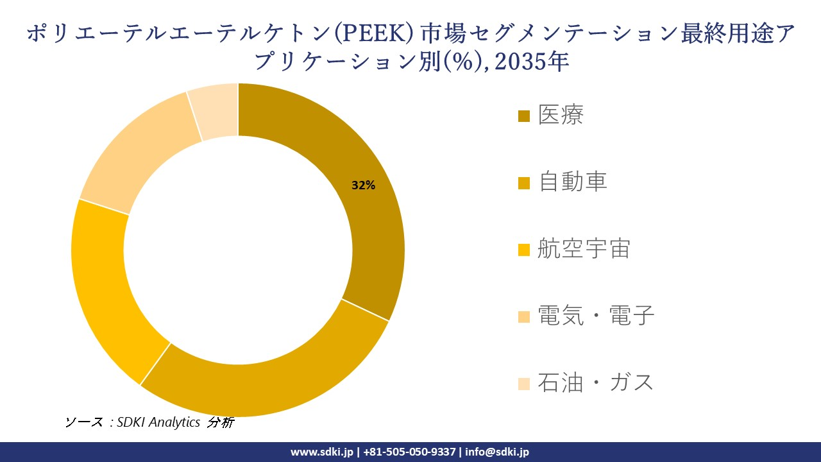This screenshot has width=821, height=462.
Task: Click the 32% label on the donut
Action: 363,185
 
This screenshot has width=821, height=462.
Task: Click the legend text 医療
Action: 561,116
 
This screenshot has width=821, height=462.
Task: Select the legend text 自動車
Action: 572,182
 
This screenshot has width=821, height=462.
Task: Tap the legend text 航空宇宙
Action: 584,249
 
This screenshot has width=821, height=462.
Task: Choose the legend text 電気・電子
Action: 596,316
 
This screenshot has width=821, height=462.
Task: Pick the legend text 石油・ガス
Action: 596,382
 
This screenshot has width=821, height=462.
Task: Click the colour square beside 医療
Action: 524,117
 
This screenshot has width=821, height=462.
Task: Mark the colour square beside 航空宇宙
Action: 524,250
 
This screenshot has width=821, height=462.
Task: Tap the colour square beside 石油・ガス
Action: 524,384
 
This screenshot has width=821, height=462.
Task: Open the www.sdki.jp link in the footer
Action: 321,452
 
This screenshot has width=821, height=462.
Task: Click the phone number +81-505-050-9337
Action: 410,452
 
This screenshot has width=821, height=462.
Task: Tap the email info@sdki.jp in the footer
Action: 497,452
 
